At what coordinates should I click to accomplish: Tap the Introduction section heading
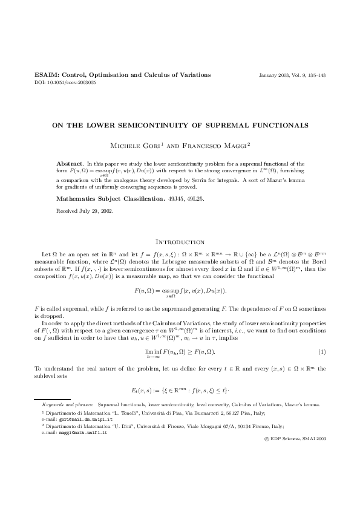[x=180, y=241]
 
